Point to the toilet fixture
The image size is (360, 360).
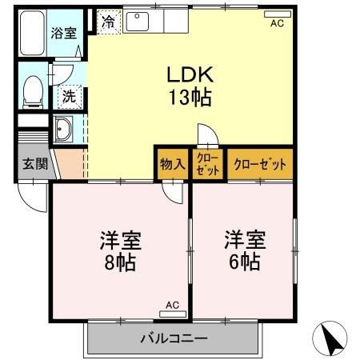(x=33, y=90)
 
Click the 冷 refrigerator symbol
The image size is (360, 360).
(x=108, y=22)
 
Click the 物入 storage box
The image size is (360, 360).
(x=172, y=165)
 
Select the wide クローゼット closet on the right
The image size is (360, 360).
(x=259, y=165)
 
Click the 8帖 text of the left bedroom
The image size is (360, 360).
(x=118, y=262)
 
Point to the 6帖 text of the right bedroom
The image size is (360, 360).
(x=244, y=262)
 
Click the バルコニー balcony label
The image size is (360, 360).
(x=174, y=338)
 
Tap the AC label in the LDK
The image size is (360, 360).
(x=277, y=22)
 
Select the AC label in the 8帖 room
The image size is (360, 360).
(x=173, y=305)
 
